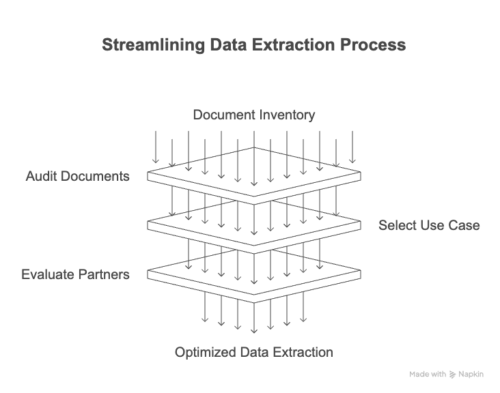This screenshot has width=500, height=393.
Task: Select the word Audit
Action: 41,176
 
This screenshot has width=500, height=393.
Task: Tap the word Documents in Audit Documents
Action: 94,176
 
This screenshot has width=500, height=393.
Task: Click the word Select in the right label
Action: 398,225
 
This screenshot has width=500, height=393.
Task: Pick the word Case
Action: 464,225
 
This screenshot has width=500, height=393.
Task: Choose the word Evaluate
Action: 46,275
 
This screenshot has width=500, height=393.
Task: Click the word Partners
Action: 102,275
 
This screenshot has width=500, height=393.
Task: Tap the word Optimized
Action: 205,353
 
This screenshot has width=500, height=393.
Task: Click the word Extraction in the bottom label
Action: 303,353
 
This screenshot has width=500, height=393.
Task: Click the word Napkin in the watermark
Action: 472,375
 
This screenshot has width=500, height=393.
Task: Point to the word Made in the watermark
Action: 419,375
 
